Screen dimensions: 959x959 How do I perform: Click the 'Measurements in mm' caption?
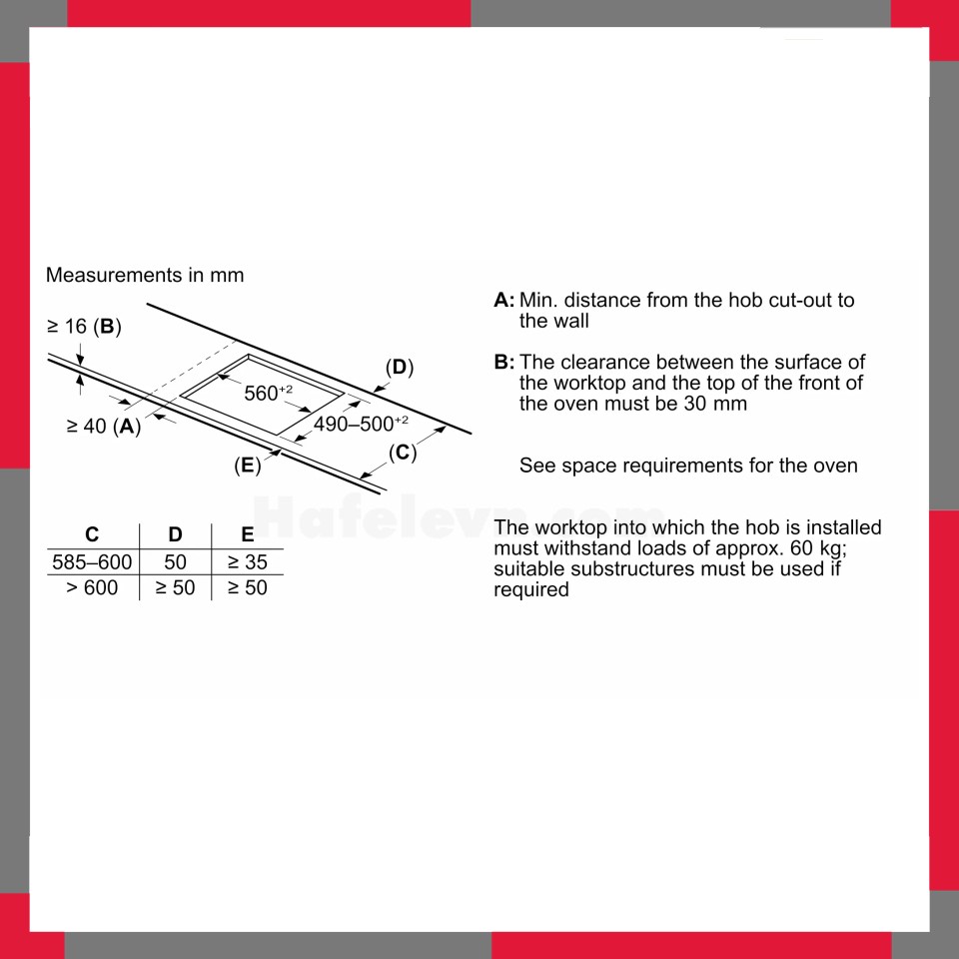click(145, 276)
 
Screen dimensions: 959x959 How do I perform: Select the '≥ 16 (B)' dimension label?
click(84, 327)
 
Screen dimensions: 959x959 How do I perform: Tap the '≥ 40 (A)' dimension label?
click(104, 426)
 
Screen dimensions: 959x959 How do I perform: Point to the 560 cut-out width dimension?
click(269, 392)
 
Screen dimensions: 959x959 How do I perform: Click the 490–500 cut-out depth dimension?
click(361, 424)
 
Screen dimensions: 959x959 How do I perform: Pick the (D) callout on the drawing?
click(400, 368)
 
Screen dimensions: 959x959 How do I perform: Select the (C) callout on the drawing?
click(403, 453)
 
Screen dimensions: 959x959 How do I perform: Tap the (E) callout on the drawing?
click(248, 466)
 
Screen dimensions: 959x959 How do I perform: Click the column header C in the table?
click(92, 534)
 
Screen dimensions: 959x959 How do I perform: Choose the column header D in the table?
click(175, 534)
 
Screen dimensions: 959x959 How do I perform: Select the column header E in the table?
click(247, 534)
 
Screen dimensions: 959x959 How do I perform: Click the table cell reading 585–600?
click(92, 562)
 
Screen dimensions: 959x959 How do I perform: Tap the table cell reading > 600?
click(92, 587)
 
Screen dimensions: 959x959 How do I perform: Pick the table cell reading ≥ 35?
click(247, 562)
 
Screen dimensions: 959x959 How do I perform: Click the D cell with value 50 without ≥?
click(175, 562)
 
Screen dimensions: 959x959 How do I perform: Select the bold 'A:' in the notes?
click(503, 301)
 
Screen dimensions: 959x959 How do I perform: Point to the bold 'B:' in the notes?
click(503, 362)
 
